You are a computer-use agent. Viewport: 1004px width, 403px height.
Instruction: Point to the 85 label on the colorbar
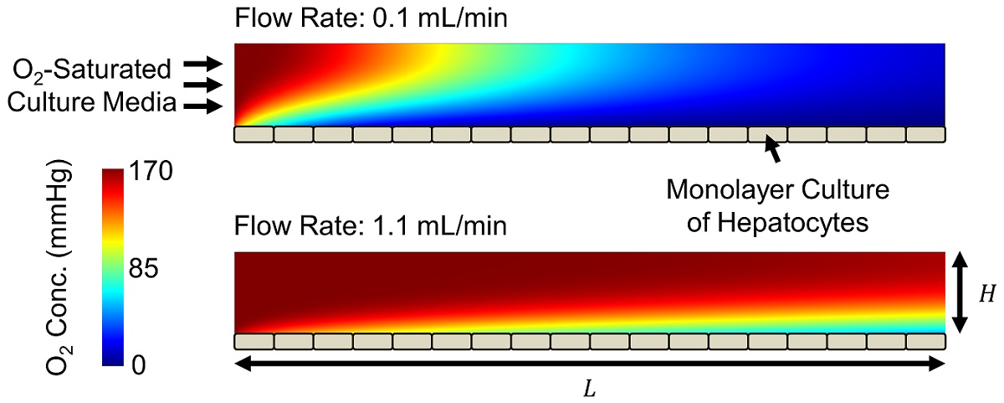point(151,271)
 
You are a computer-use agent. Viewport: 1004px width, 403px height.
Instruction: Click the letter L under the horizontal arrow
point(590,390)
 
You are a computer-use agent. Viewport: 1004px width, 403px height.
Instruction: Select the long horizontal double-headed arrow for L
point(590,364)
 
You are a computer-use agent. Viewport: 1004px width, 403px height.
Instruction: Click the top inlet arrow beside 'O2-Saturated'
point(204,64)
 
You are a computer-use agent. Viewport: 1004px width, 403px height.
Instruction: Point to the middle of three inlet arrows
point(204,85)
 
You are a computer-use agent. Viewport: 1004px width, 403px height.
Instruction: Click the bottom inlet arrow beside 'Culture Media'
point(204,106)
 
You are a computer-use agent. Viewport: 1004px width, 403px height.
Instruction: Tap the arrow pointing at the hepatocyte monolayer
point(774,152)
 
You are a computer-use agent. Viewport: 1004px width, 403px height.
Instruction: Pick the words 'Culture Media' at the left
point(90,104)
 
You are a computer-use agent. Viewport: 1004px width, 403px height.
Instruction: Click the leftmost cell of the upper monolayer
point(254,134)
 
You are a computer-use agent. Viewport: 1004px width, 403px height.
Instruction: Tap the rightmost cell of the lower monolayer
point(925,341)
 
